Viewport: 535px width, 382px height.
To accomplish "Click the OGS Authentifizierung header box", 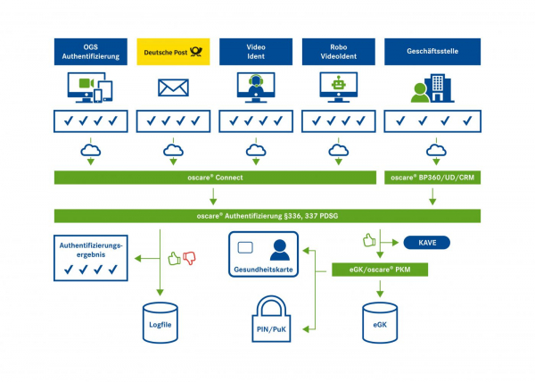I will point(91,52).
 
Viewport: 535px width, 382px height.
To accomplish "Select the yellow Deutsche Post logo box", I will point(173,52).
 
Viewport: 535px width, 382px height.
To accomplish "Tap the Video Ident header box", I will point(255,52).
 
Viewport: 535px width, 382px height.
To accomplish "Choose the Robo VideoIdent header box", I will point(337,52).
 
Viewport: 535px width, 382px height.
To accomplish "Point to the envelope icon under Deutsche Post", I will point(173,87).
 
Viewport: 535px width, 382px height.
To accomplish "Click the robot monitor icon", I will point(337,86).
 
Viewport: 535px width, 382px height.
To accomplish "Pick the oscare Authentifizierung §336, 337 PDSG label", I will point(267,216).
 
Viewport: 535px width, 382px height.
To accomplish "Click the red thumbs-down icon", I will point(189,259).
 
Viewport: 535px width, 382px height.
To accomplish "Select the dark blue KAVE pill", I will point(426,242).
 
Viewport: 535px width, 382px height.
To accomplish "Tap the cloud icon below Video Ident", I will point(255,150).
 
